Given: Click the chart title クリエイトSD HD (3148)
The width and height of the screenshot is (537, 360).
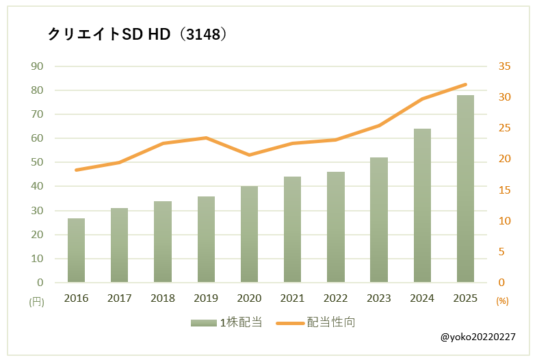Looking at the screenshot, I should pyautogui.click(x=137, y=34).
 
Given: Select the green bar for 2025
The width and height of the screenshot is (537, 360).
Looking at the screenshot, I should pyautogui.click(x=465, y=188).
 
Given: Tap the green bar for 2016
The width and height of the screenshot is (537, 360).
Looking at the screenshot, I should pyautogui.click(x=76, y=250).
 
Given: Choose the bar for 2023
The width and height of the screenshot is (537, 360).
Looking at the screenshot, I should pyautogui.click(x=379, y=220).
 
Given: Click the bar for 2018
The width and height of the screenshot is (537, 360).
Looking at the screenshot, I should pyautogui.click(x=163, y=242).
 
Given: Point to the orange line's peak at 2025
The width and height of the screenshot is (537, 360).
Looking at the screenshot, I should pyautogui.click(x=466, y=84).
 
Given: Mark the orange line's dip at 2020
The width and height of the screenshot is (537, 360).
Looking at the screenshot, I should pyautogui.click(x=249, y=155).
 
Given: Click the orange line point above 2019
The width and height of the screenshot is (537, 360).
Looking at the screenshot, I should pyautogui.click(x=206, y=138).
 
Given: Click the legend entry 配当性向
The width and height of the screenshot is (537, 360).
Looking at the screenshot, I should pyautogui.click(x=315, y=322).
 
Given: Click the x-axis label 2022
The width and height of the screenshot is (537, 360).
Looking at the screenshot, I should pyautogui.click(x=335, y=298).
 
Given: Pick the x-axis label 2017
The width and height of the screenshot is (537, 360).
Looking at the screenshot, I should pyautogui.click(x=119, y=298).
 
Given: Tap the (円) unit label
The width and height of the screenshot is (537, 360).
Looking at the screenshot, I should pyautogui.click(x=36, y=301).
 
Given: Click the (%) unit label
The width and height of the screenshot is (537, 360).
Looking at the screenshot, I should pyautogui.click(x=502, y=300).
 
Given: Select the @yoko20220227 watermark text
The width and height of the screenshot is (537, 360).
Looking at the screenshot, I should pyautogui.click(x=478, y=338).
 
